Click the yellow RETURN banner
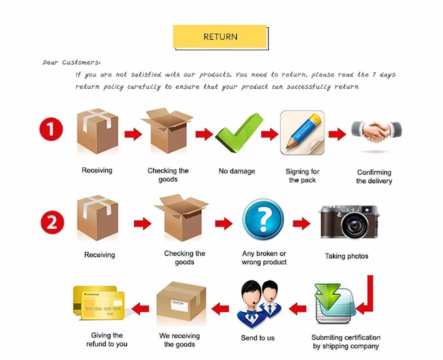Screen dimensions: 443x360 pos(220,37)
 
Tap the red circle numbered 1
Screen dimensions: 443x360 pos(51,129)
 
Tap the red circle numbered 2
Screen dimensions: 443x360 pos(52,222)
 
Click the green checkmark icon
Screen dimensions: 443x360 pos(239,133)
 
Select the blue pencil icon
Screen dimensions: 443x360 pos(302,132)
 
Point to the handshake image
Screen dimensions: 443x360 pos(377,131)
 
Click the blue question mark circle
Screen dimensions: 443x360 pos(263,219)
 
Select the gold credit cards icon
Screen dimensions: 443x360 pos(99,303)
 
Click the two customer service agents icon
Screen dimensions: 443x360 pos(259,304)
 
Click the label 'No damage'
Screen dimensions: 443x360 pos(237,171)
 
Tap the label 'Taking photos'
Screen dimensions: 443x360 pos(347,256)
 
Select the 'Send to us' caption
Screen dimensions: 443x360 pos(257,338)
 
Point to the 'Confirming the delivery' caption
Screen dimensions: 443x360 pos(374,177)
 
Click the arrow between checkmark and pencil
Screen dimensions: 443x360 pos(269,134)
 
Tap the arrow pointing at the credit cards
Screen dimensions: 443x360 pos(140,308)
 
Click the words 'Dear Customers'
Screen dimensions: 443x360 pos(71,62)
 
